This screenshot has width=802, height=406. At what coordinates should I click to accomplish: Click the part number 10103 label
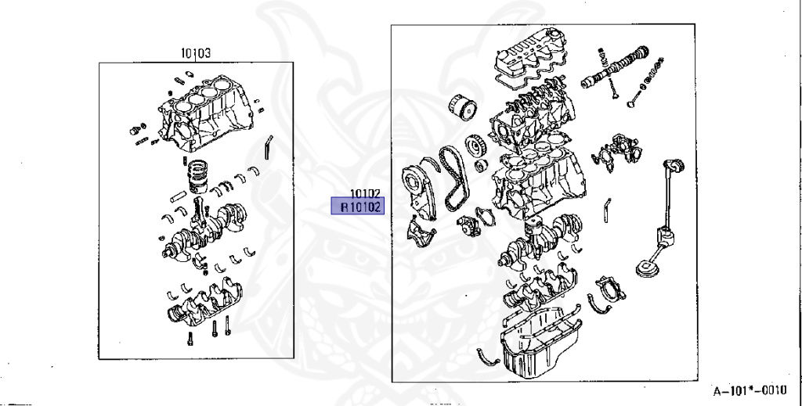click(195, 53)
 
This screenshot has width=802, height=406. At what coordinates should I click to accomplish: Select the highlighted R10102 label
click(357, 207)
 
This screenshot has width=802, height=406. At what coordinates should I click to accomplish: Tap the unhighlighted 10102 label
click(365, 193)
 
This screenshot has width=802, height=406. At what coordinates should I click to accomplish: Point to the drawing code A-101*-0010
click(750, 390)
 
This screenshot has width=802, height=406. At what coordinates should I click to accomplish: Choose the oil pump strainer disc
click(646, 268)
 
